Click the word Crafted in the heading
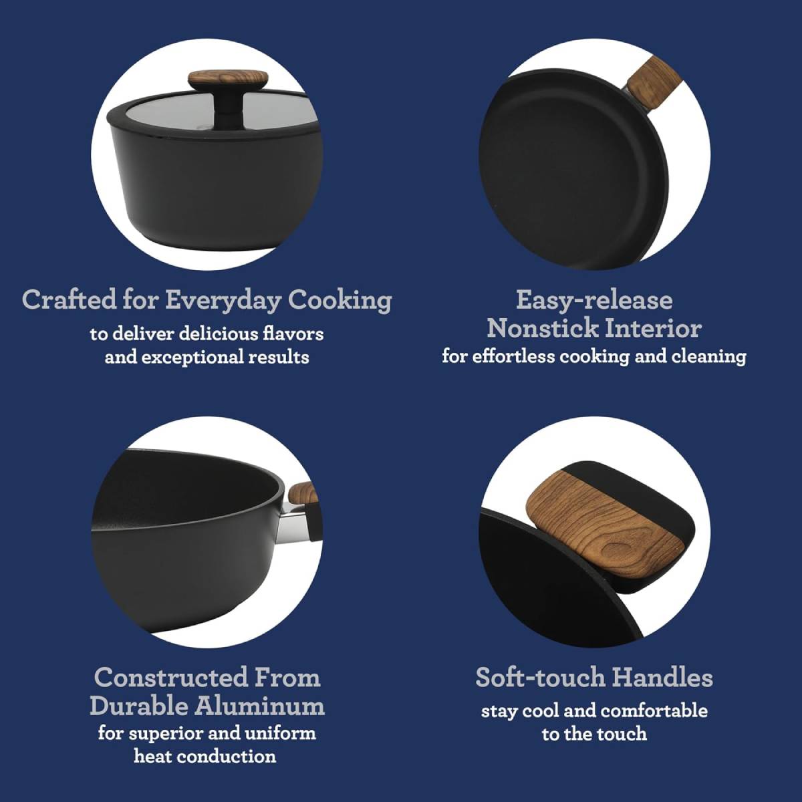coord(69,299)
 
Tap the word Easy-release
coord(594,299)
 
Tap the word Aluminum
coord(261,706)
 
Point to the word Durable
coord(139,706)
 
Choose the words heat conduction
coord(205,757)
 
